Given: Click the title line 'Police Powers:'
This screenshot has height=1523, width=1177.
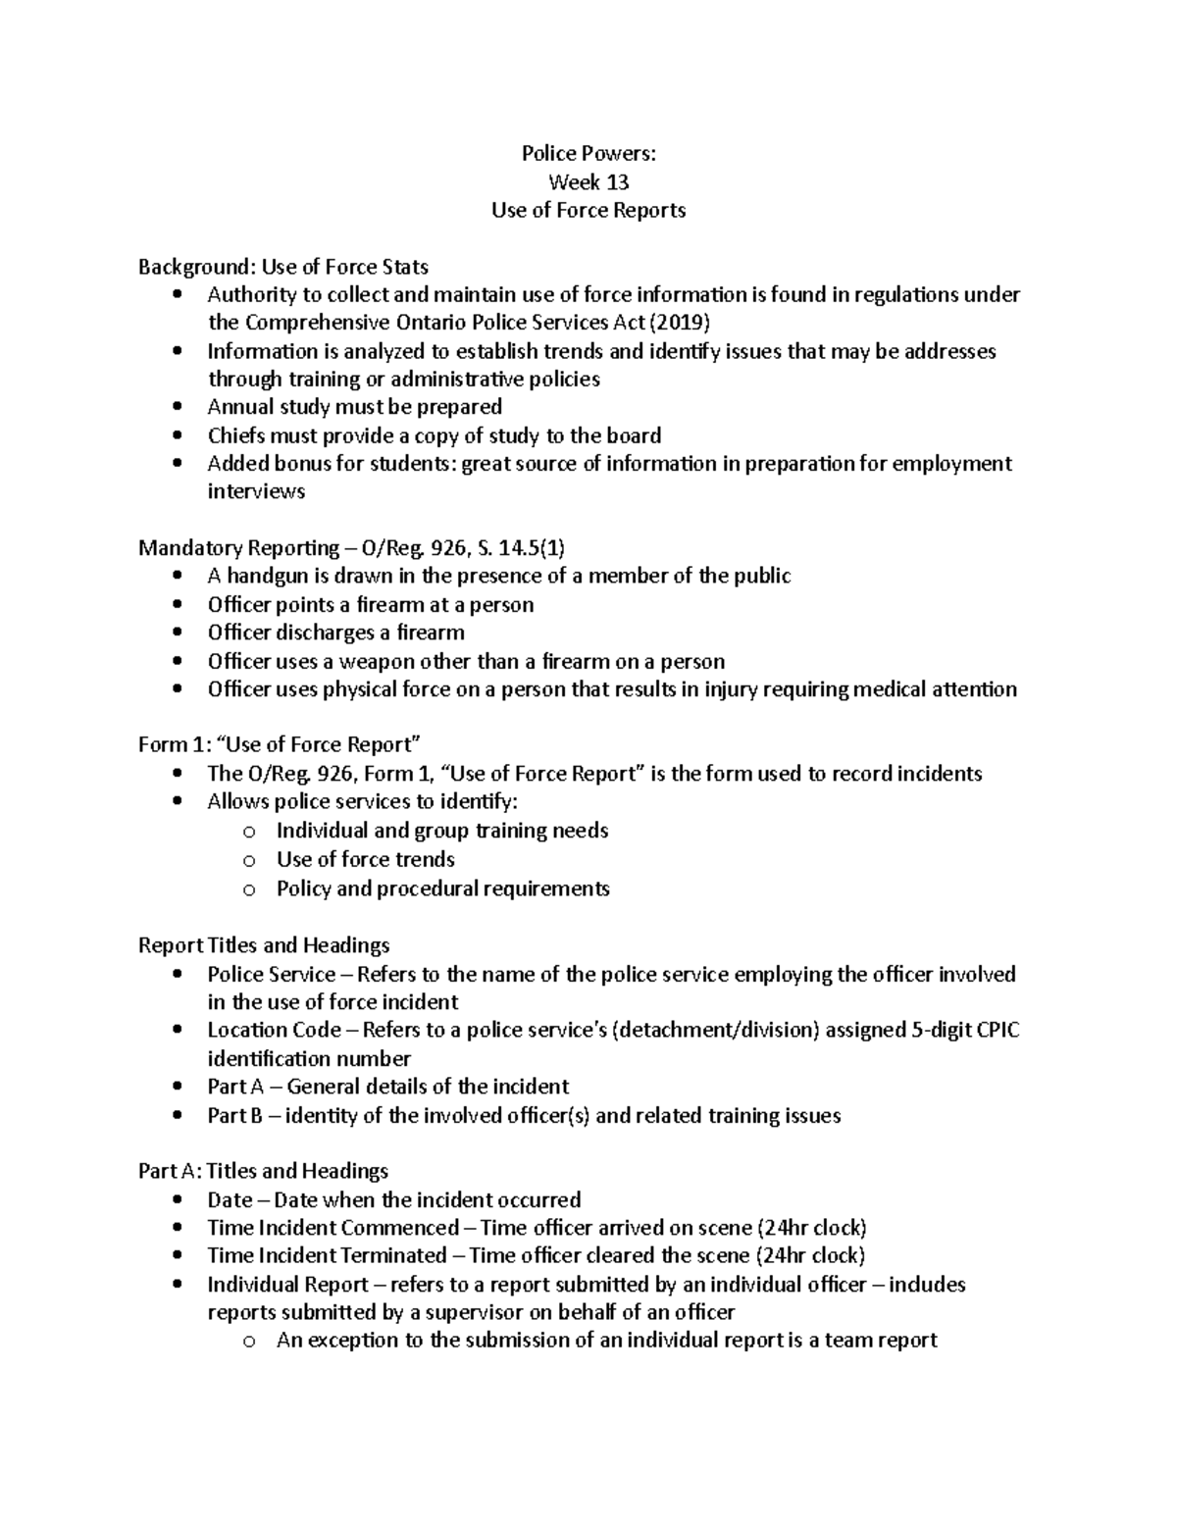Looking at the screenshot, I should (x=588, y=154).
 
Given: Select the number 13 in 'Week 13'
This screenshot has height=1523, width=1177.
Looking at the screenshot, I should (x=616, y=182).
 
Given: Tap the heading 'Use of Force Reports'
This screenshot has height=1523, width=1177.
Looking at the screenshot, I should (x=588, y=210).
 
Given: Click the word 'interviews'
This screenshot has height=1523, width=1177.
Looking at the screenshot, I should (x=256, y=491).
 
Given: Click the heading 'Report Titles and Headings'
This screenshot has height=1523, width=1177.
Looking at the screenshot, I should (x=264, y=945).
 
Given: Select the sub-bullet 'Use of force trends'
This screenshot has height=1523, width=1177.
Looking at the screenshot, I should (x=366, y=860).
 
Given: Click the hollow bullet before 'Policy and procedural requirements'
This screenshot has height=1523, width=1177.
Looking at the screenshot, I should (x=249, y=889).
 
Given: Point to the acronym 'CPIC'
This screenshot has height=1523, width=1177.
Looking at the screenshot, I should (x=996, y=1031).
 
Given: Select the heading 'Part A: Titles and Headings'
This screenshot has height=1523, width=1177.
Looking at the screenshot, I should (x=263, y=1171).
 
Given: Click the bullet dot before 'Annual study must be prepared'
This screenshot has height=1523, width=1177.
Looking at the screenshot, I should (x=177, y=407).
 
